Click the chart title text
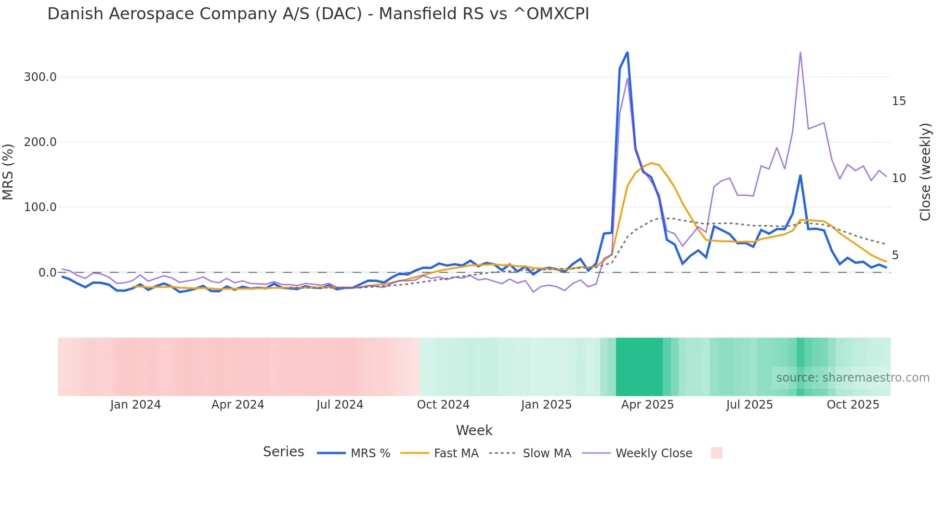tap(318, 14)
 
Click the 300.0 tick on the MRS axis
tap(40, 77)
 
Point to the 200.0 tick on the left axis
tap(40, 142)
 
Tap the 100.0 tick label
tap(40, 207)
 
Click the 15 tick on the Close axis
tap(899, 101)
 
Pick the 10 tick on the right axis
tap(899, 178)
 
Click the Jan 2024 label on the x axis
tap(135, 405)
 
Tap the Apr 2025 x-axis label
tap(647, 405)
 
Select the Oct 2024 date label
tap(443, 405)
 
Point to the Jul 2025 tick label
tap(749, 405)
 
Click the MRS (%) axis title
tap(8, 172)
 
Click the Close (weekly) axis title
tap(925, 172)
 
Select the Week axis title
tap(474, 430)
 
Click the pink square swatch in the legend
tap(716, 453)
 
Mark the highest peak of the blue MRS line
tap(627, 52)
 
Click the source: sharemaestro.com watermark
tap(852, 378)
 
